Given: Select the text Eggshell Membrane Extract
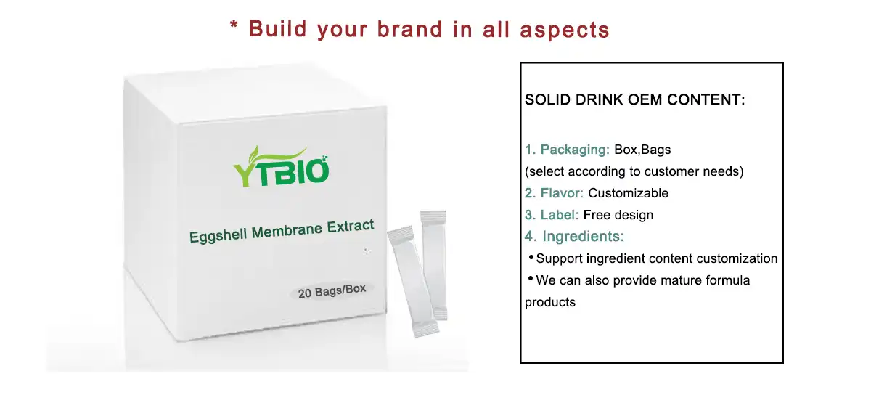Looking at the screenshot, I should pos(282,230).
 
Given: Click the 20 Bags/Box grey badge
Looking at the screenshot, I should pos(332,290).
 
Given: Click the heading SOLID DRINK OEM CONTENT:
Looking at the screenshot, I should pos(634,100).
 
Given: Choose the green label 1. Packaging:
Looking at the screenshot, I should pos(567,150).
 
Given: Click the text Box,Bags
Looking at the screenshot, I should pos(642,150).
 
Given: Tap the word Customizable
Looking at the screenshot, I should pos(628,193).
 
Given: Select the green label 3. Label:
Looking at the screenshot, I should pos(552,215).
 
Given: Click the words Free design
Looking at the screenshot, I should pos(618,215).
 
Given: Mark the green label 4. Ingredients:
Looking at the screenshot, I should pos(574,237).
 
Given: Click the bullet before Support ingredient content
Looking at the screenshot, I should pos(531,258).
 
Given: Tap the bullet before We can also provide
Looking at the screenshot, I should pos(531,280).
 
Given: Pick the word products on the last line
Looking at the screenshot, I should pos(549,302).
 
